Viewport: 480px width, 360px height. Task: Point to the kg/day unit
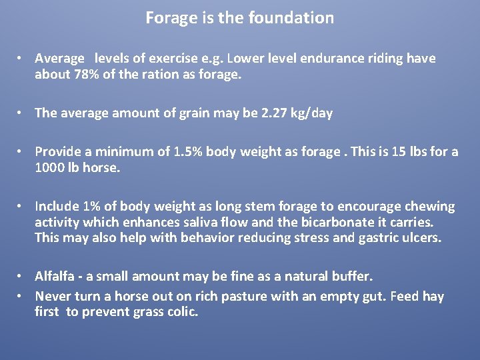point(308,113)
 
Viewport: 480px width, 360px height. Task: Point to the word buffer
point(354,277)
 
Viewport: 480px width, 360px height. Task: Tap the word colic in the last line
point(181,312)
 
